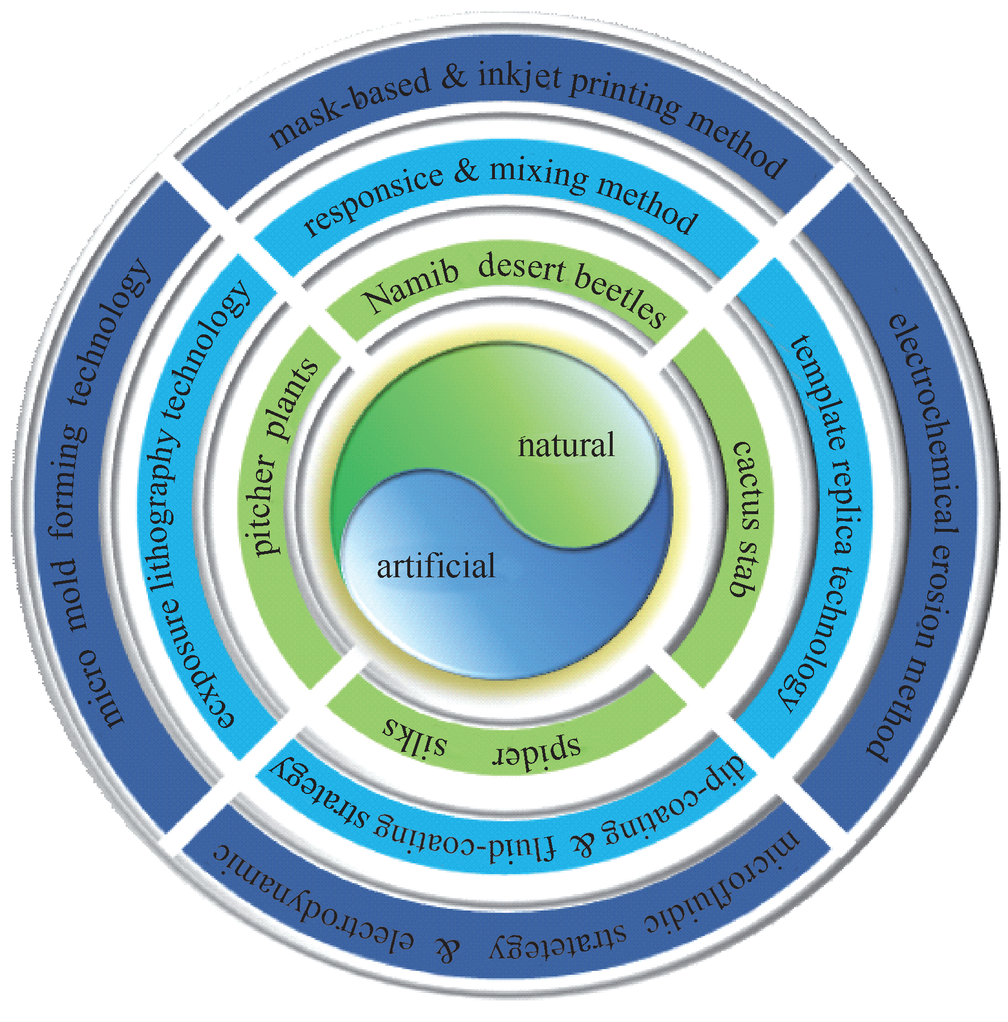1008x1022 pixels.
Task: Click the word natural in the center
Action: coord(566,445)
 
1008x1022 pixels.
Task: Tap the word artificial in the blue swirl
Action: coord(436,566)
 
